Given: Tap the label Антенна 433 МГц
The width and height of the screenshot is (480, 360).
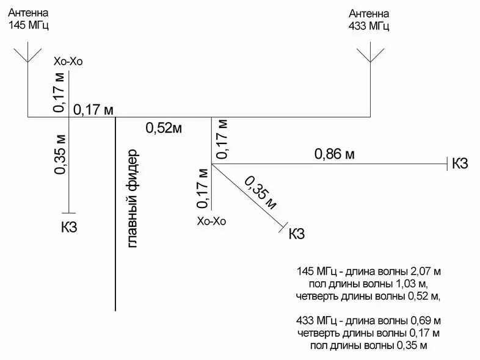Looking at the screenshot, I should tap(369, 20).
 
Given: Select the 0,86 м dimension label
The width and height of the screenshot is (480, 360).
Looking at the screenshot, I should tap(334, 154).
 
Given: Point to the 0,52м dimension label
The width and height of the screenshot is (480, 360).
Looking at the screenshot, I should tap(164, 128).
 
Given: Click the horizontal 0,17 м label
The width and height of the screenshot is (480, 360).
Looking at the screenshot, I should tap(93, 110).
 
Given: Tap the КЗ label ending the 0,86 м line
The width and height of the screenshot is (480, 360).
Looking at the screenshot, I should tap(460, 164).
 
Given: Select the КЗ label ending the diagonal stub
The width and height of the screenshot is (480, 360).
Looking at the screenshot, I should tap(296, 234).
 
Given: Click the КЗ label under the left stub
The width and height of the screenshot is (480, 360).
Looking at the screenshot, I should tap(69, 228).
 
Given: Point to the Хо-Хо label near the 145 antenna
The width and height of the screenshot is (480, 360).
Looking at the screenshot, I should tap(68, 62).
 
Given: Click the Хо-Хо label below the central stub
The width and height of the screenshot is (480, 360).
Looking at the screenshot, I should tap(211, 221).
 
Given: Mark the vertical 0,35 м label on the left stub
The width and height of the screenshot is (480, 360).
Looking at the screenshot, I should tap(60, 153).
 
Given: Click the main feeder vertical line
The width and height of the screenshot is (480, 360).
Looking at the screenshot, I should tap(116, 244).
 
